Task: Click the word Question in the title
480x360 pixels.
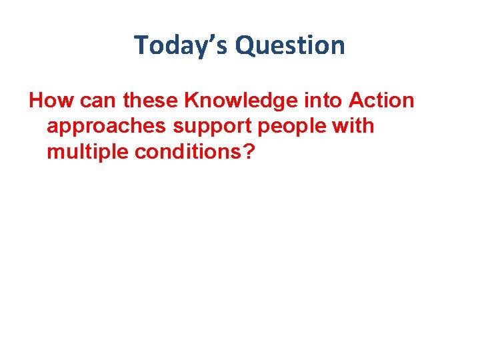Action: pos(290,46)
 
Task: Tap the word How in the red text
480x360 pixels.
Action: pos(49,101)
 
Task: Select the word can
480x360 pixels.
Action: pos(91,101)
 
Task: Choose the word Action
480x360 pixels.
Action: pos(381,101)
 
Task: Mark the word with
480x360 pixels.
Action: pos(355,125)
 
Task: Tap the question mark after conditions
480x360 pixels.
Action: pos(249,151)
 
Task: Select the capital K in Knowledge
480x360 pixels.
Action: pos(191,101)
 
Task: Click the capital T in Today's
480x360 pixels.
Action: pos(141,46)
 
